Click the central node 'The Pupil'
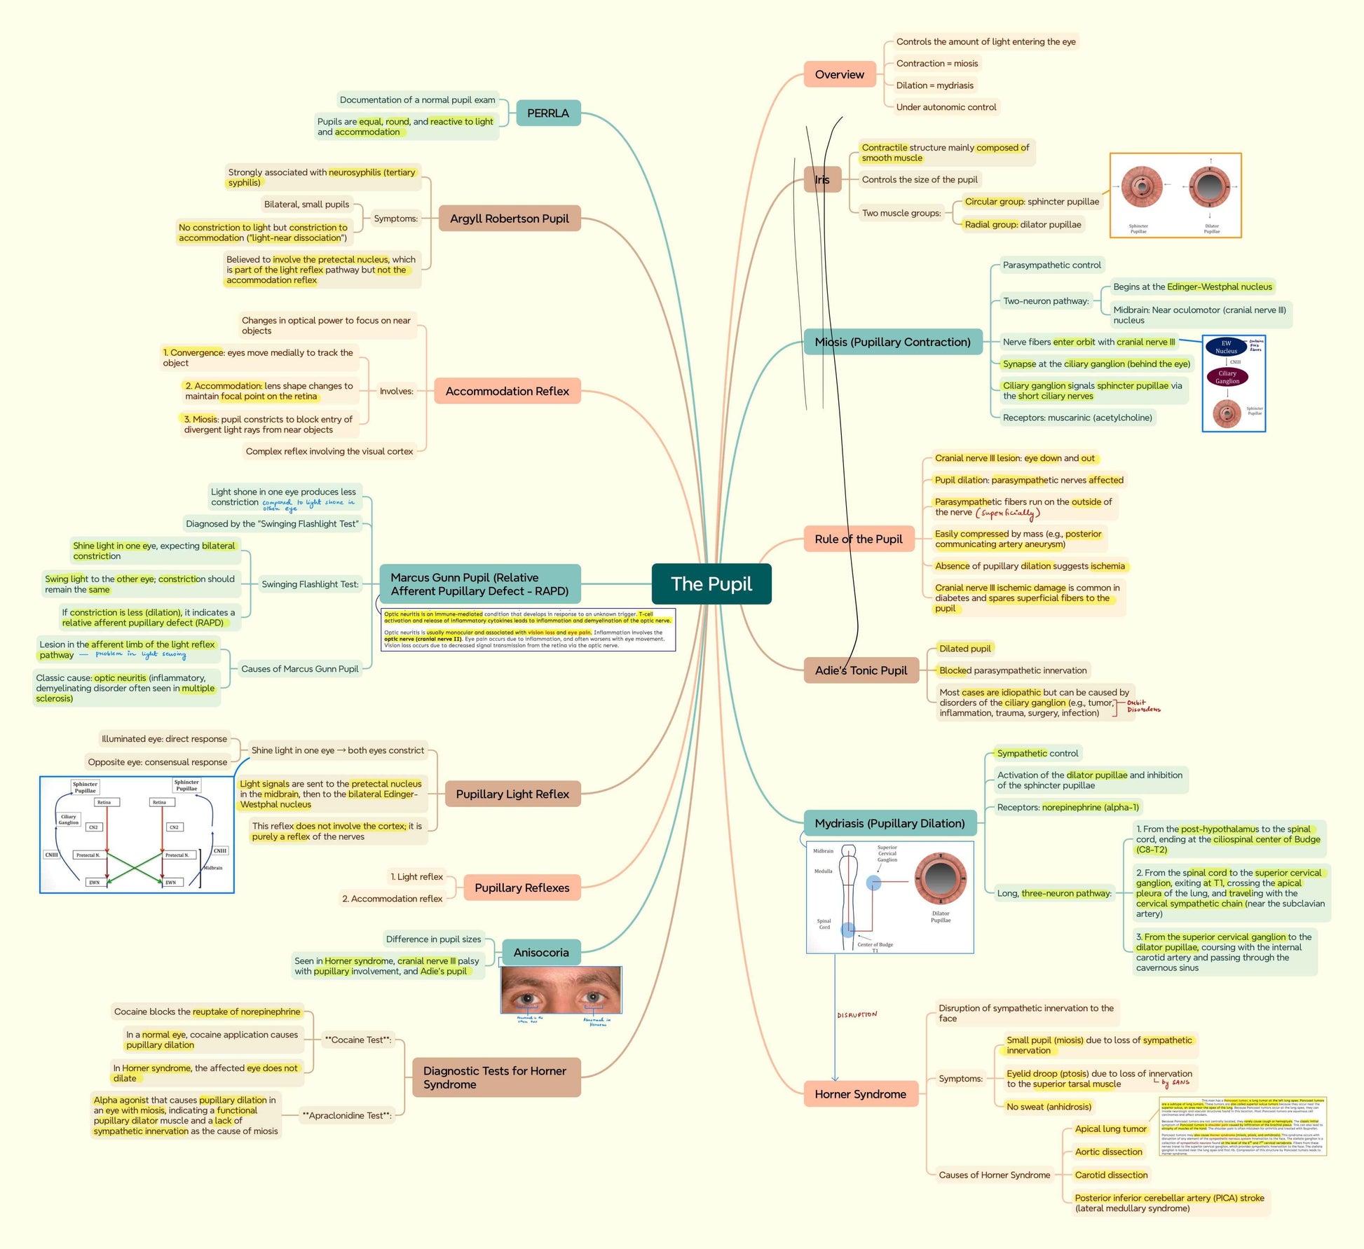(711, 584)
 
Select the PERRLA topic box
(547, 113)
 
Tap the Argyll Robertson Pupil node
(509, 219)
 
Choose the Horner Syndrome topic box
(860, 1093)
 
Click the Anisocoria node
(540, 952)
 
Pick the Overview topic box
(839, 74)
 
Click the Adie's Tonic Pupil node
(860, 670)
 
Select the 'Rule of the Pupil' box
(858, 539)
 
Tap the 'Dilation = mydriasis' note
(934, 85)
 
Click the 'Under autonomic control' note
(946, 107)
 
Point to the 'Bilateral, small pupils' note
(306, 204)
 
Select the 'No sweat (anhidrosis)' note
(1049, 1107)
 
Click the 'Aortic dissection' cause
(1108, 1152)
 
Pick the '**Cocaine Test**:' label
(357, 1040)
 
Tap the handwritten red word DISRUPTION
(857, 1014)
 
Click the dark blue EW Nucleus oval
(1226, 347)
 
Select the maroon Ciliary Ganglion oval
(1227, 377)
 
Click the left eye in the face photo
(526, 998)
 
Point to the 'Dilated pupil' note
(964, 649)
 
